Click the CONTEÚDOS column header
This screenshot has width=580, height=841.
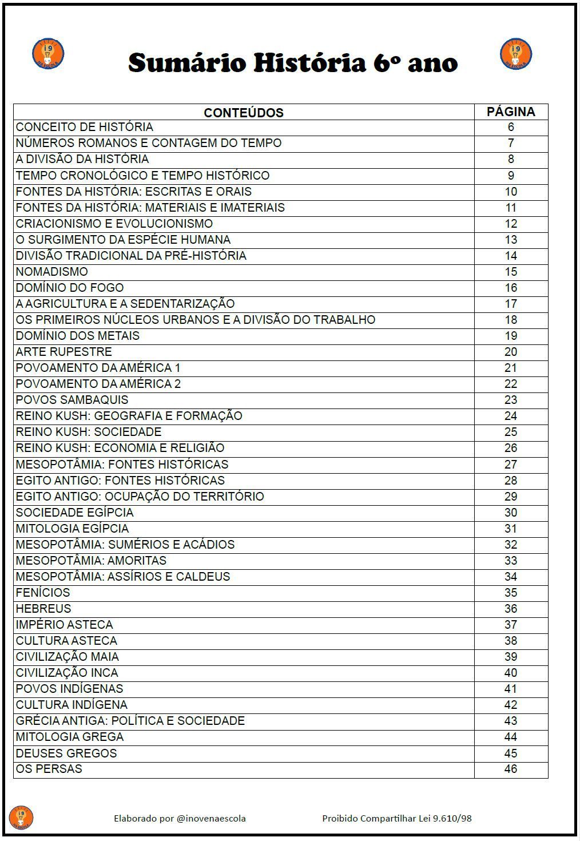point(244,113)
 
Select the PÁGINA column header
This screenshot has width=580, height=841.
point(511,112)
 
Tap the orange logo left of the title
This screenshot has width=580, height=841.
point(48,54)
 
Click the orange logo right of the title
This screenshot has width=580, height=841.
point(516,54)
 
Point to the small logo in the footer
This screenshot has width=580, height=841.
point(21,817)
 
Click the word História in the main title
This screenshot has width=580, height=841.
point(309,63)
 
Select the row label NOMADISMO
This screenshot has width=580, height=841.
point(52,272)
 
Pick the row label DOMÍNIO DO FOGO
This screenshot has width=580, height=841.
point(70,288)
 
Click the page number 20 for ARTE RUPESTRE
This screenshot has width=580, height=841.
point(511,352)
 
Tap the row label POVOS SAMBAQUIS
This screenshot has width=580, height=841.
point(72,400)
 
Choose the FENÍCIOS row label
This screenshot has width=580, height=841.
point(43,593)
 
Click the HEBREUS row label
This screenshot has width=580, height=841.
point(43,609)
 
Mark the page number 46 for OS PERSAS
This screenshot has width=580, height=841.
point(511,769)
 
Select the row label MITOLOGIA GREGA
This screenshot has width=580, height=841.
point(70,737)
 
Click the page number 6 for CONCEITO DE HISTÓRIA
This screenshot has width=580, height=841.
point(511,127)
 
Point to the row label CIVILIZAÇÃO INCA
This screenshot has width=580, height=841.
point(67,673)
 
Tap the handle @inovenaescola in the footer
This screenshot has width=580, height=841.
point(211,819)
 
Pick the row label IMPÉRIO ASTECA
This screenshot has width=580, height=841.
point(64,625)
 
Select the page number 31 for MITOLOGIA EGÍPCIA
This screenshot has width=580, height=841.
point(511,529)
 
